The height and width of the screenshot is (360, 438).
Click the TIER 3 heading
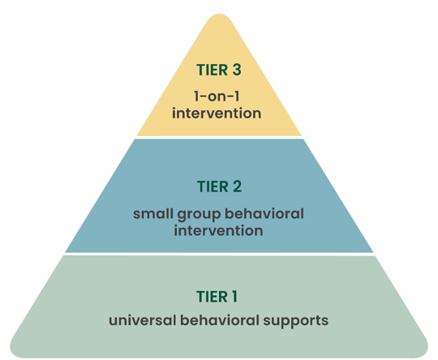coord(219,71)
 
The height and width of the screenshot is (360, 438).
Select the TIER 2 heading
coord(219,187)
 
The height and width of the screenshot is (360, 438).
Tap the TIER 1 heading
coord(219,296)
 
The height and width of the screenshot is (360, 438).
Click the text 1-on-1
coord(219,95)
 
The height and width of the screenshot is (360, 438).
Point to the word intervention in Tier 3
coord(219,113)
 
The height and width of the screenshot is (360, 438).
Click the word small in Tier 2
coord(152,214)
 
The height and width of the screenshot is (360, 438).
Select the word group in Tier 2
coord(200,215)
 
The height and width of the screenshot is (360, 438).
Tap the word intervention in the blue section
coord(219,231)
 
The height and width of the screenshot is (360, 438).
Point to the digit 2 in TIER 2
coord(237,187)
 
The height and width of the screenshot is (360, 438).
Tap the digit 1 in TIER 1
coord(236,296)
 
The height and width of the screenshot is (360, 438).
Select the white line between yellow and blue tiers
coord(219,137)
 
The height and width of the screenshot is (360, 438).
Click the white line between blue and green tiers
coord(219,253)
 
